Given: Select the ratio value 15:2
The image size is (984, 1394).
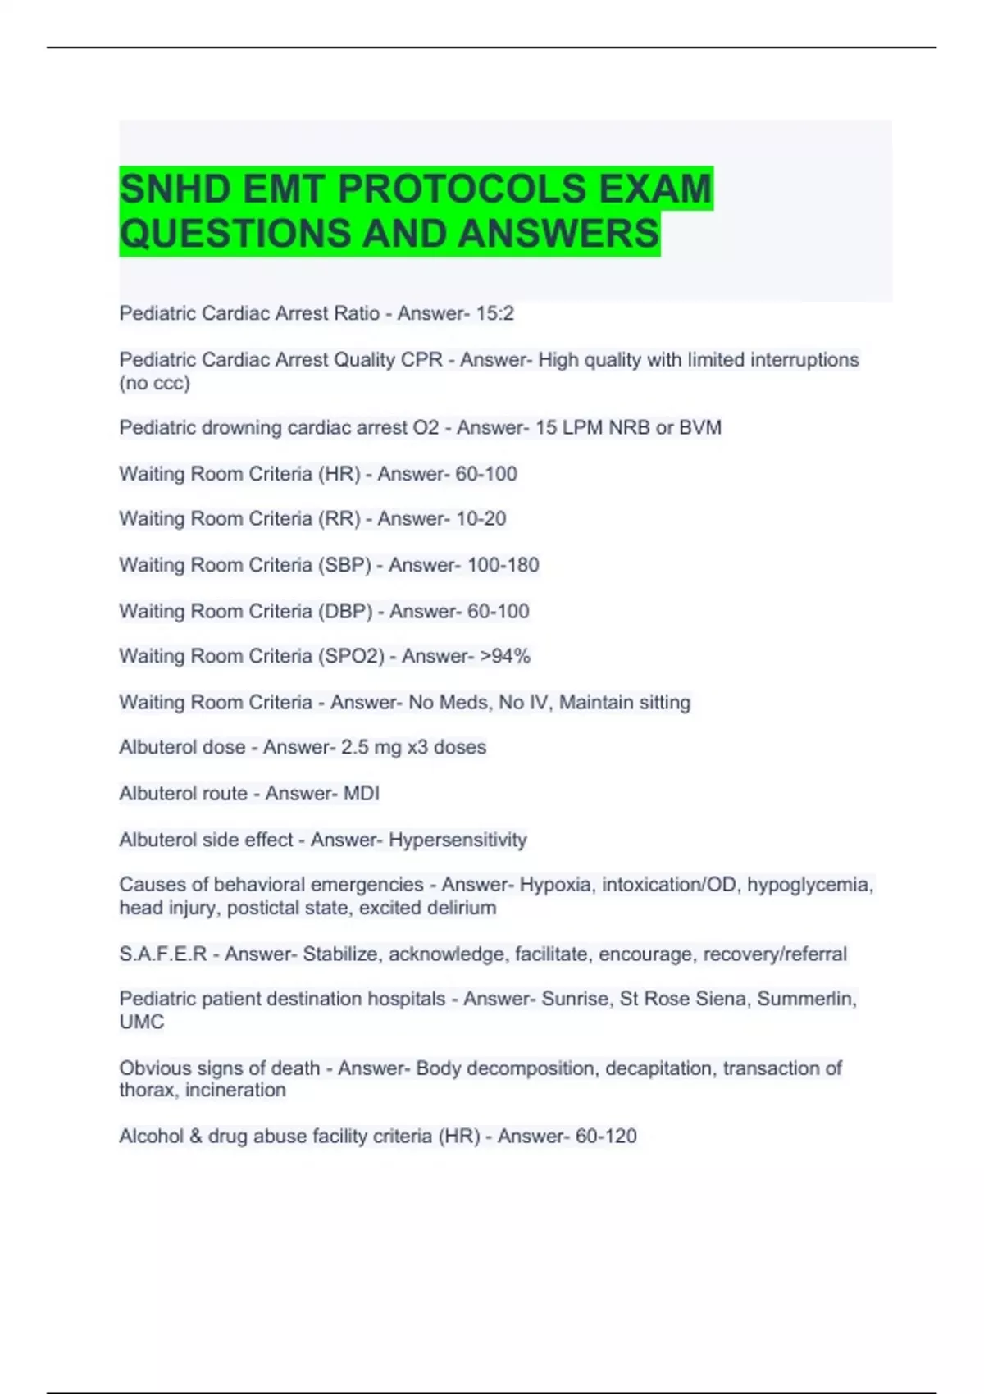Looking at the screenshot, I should click(x=494, y=313).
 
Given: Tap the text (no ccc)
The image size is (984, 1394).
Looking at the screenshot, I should click(x=154, y=383).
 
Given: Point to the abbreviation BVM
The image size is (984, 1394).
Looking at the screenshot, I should click(x=700, y=427).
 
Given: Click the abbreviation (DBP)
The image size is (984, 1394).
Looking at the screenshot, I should click(x=345, y=611).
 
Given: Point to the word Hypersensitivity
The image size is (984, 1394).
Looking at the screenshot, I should click(x=458, y=840).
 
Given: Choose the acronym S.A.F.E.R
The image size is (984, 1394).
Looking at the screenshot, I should click(x=162, y=954).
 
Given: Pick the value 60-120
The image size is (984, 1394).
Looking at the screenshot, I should click(x=606, y=1137).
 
